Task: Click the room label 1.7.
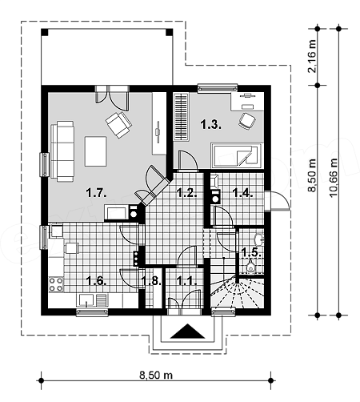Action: (97, 192)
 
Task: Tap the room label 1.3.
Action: (211, 124)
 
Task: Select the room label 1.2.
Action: (187, 192)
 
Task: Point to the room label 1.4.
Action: (242, 192)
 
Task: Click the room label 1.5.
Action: (251, 251)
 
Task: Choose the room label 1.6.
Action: (97, 281)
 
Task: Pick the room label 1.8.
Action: (151, 281)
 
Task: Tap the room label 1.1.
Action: (187, 281)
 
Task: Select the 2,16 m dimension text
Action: (312, 56)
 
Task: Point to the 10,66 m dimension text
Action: (334, 178)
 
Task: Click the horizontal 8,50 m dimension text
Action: (156, 375)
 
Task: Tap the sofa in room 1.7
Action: (62, 151)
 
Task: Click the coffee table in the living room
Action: (96, 151)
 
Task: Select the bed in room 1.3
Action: (236, 155)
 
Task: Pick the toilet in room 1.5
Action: (250, 266)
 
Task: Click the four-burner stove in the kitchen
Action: (56, 284)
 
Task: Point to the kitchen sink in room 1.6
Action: (86, 300)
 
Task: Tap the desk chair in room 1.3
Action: (247, 122)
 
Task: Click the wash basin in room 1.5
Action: (259, 239)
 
